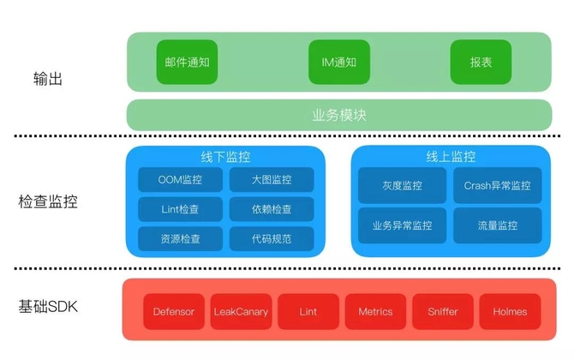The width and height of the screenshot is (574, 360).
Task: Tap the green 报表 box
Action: point(481,63)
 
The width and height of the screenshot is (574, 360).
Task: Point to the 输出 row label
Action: point(43,79)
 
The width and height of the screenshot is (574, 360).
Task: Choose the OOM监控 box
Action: point(180,180)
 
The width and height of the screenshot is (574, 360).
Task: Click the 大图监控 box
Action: point(272,180)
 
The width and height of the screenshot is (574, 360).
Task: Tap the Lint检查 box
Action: point(180,209)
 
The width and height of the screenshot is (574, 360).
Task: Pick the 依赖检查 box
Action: point(272,209)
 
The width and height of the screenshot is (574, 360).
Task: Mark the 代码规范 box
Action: point(272,238)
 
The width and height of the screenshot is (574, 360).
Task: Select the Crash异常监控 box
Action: point(497,185)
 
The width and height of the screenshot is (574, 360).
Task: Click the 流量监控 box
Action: point(497,225)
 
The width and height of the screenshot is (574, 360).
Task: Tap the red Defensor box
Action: point(174,311)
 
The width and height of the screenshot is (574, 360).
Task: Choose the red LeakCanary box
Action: point(242,311)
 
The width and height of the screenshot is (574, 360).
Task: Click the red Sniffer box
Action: point(442,311)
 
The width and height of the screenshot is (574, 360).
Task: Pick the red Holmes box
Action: point(510,311)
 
